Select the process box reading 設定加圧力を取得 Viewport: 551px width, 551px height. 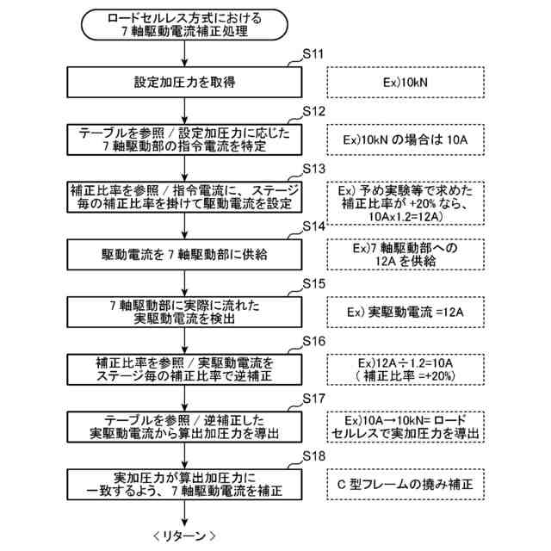point(185,83)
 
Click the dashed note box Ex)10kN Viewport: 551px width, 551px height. point(404,83)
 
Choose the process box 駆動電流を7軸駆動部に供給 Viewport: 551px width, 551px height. point(185,255)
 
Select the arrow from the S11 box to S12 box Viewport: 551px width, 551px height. point(185,110)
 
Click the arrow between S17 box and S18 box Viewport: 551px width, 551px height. point(185,455)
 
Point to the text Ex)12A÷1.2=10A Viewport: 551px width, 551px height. point(404,362)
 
